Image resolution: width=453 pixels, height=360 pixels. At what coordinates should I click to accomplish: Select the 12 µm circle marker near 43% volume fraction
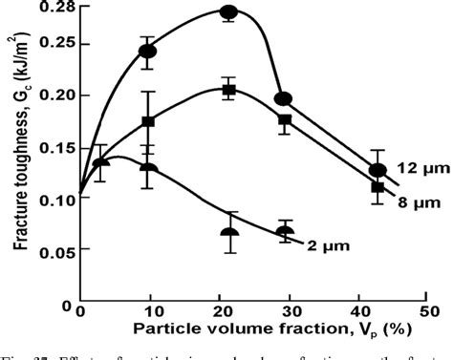377,170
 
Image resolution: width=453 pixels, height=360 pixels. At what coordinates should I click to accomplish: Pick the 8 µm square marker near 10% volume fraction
148,122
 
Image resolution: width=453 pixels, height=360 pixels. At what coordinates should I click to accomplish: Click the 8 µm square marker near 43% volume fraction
377,187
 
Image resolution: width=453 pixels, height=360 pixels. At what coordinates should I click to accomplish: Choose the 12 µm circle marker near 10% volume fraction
148,51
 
